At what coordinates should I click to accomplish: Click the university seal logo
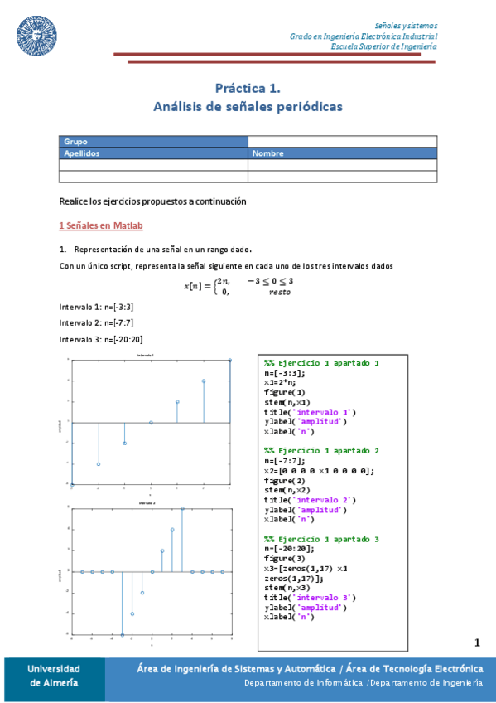pyautogui.click(x=37, y=33)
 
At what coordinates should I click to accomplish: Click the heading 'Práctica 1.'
pyautogui.click(x=248, y=87)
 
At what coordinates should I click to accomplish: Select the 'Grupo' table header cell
pyautogui.click(x=153, y=141)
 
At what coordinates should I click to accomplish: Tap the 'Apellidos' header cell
pyautogui.click(x=153, y=153)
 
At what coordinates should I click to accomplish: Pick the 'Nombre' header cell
pyautogui.click(x=342, y=153)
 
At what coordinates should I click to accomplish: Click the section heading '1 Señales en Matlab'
pyautogui.click(x=103, y=225)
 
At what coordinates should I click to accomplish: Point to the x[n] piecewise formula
pyautogui.click(x=239, y=286)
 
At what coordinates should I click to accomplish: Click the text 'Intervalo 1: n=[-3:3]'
pyautogui.click(x=91, y=307)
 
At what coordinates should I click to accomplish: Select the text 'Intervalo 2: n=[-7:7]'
pyautogui.click(x=91, y=322)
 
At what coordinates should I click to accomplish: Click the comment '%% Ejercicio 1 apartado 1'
pyautogui.click(x=321, y=363)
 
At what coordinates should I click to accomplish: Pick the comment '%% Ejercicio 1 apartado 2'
pyautogui.click(x=321, y=451)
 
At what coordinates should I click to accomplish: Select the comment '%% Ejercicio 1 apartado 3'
pyautogui.click(x=321, y=539)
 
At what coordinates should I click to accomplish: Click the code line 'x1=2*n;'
pyautogui.click(x=282, y=383)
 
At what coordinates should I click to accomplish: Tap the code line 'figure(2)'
pyautogui.click(x=285, y=480)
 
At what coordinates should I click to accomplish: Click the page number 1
pyautogui.click(x=477, y=642)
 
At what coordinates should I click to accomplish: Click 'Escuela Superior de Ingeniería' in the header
pyautogui.click(x=383, y=46)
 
